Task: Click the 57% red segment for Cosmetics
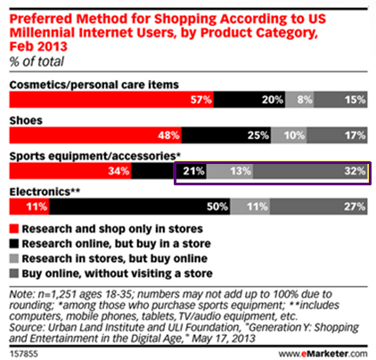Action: (x=111, y=100)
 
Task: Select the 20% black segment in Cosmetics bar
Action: (x=249, y=100)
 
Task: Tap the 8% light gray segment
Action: (x=299, y=100)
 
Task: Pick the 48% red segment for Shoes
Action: (x=95, y=135)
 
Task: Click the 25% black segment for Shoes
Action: (x=226, y=135)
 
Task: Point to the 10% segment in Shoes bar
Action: (x=289, y=135)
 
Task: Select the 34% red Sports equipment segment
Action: (x=70, y=171)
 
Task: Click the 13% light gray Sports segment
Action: (x=230, y=171)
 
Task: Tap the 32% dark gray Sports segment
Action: (x=310, y=171)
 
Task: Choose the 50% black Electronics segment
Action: (x=140, y=207)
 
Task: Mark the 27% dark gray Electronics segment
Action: (x=319, y=207)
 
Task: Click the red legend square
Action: (x=14, y=229)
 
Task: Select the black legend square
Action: (x=14, y=243)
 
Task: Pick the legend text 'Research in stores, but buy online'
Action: (x=115, y=258)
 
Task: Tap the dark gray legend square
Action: (x=14, y=274)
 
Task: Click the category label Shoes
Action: (x=26, y=120)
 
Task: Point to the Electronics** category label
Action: (x=45, y=192)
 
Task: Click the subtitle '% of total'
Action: (x=37, y=61)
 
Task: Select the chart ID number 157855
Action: (x=24, y=354)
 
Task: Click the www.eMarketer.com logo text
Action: (x=323, y=354)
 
